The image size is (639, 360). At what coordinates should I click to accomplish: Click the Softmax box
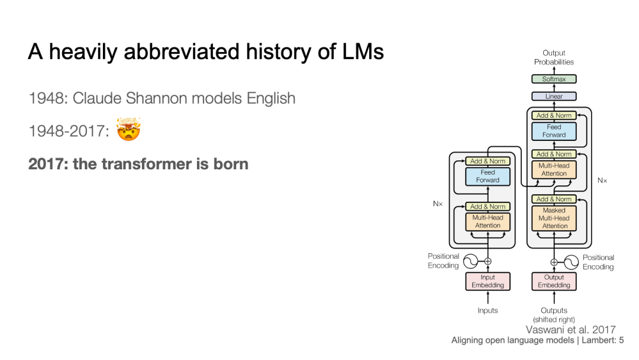(x=554, y=79)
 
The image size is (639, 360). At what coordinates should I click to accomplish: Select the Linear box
(x=554, y=96)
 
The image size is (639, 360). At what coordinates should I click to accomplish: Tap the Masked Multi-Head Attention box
(x=554, y=218)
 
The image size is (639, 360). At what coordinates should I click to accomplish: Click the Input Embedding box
(x=488, y=281)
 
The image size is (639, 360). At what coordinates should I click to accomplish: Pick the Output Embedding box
(x=554, y=281)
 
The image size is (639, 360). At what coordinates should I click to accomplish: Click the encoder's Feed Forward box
(x=488, y=176)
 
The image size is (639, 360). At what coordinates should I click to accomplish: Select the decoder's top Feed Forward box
(x=554, y=131)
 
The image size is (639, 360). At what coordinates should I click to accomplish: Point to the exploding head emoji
(x=128, y=130)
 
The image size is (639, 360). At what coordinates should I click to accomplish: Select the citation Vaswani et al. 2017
(x=570, y=330)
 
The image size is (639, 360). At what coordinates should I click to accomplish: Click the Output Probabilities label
(x=554, y=57)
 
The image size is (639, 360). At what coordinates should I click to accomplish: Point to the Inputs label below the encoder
(x=488, y=310)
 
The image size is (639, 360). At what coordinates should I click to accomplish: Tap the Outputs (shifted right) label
(x=554, y=314)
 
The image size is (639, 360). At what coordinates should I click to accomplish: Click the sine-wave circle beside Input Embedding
(x=470, y=261)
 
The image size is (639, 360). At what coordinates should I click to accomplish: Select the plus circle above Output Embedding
(x=554, y=262)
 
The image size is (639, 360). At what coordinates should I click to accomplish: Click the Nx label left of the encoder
(x=438, y=203)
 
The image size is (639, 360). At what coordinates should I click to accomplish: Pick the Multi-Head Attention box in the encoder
(x=488, y=221)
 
